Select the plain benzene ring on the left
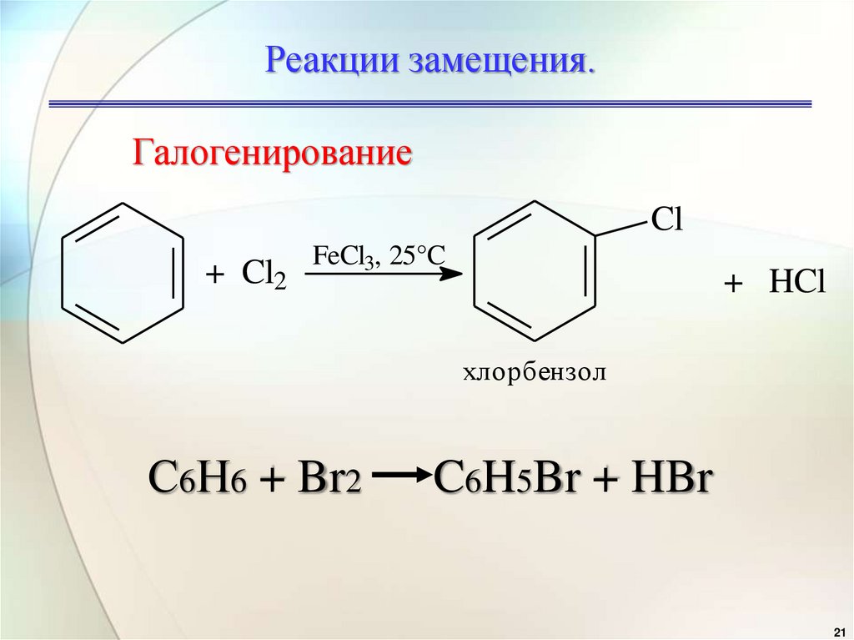[123, 273]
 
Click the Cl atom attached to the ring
[666, 220]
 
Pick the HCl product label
[796, 284]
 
